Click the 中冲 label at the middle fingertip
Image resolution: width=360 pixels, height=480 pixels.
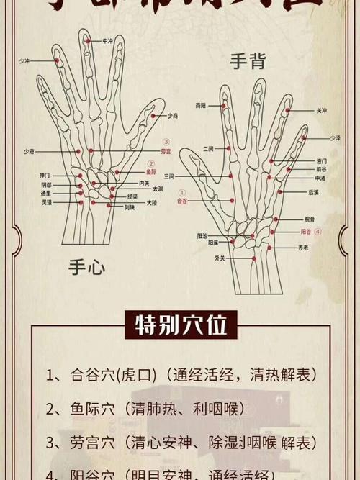[108, 41]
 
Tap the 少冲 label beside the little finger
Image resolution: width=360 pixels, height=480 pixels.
[24, 62]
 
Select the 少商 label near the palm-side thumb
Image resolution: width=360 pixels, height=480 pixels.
[173, 116]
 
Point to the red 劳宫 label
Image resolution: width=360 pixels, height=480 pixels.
[166, 152]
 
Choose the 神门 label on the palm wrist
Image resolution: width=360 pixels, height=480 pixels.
[45, 176]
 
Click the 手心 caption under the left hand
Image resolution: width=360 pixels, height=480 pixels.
[87, 269]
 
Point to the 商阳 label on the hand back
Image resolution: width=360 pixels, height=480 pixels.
[200, 106]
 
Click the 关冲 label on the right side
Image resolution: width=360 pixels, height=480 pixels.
[320, 111]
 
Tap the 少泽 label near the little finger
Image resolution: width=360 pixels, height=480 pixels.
[335, 137]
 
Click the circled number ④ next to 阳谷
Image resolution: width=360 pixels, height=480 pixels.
[318, 232]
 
